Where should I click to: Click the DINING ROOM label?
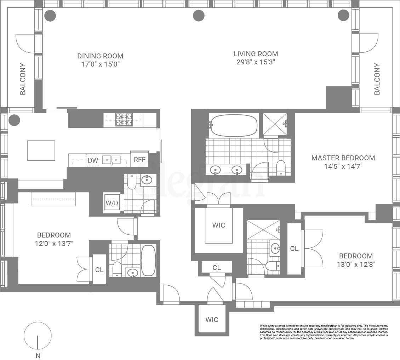click(x=100, y=56)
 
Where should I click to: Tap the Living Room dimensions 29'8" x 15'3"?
click(x=255, y=62)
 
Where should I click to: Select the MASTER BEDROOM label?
click(x=343, y=158)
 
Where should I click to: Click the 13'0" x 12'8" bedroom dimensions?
click(x=356, y=264)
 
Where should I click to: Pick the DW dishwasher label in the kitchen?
click(x=93, y=160)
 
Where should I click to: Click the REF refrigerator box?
click(x=139, y=160)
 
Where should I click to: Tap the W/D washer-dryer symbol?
click(x=112, y=204)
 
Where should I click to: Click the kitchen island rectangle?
click(x=41, y=150)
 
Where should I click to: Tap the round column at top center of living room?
click(x=199, y=15)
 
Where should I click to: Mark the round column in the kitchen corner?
click(x=15, y=120)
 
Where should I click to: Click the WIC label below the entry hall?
click(x=212, y=320)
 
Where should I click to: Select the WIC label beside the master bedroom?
click(x=218, y=225)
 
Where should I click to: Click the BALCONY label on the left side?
click(x=23, y=79)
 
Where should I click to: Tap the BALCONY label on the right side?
click(x=377, y=79)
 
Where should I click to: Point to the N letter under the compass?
click(x=38, y=356)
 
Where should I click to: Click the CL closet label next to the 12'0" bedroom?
click(x=99, y=270)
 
